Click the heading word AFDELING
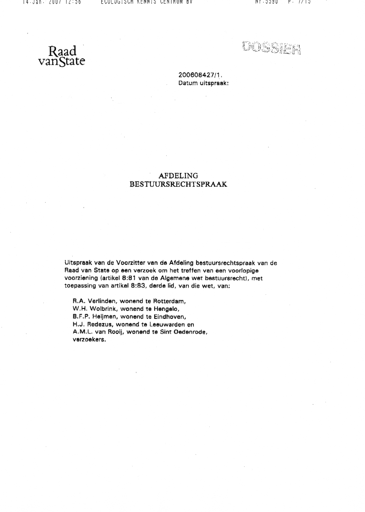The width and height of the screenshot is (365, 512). (178, 176)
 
